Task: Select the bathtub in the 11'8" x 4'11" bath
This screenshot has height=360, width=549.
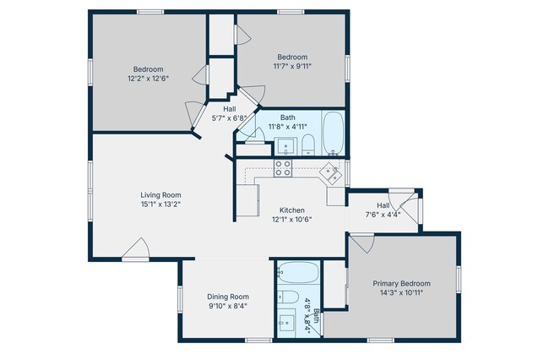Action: click(x=334, y=134)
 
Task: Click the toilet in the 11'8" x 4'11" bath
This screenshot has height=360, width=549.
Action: click(x=309, y=143)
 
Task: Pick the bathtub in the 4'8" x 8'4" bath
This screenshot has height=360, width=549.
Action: click(x=297, y=273)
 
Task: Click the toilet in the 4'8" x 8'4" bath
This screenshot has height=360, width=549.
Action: click(x=288, y=297)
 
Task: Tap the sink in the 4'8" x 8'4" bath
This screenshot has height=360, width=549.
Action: click(x=288, y=323)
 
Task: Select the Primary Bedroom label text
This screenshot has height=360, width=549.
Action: click(x=402, y=283)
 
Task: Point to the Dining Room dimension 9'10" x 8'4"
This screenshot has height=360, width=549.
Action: click(x=228, y=307)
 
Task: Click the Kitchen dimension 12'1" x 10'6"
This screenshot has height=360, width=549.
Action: click(x=292, y=220)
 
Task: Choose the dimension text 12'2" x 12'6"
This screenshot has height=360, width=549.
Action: click(x=148, y=79)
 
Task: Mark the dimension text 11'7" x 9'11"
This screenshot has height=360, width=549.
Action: click(x=291, y=66)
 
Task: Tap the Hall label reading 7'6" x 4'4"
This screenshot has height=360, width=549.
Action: click(x=383, y=215)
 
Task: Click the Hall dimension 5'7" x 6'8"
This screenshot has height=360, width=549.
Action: click(x=229, y=118)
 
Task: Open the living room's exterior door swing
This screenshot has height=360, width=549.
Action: click(x=136, y=247)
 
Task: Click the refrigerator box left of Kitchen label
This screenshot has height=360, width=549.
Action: click(x=247, y=200)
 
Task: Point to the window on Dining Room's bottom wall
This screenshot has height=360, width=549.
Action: click(x=258, y=340)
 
